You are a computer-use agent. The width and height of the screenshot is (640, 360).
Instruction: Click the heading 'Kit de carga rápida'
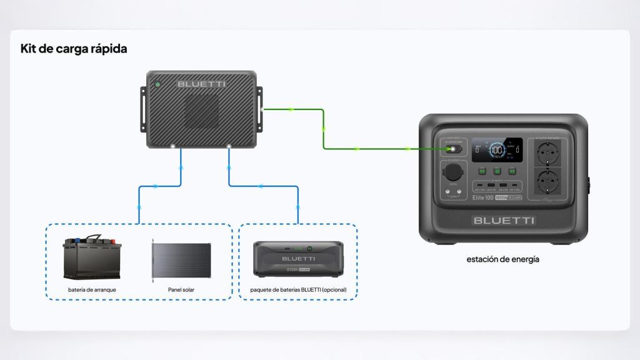[x=74, y=49]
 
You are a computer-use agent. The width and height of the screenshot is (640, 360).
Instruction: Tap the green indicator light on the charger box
[x=157, y=84]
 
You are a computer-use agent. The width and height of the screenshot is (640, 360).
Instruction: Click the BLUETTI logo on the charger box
[x=201, y=84]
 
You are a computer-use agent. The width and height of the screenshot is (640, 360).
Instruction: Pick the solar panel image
[x=182, y=261]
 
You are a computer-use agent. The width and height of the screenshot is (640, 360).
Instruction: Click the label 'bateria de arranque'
[x=92, y=290]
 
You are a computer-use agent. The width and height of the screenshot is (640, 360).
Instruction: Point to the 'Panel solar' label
[x=181, y=290]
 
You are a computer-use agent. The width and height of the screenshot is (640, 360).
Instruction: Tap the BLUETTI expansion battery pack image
[x=298, y=258]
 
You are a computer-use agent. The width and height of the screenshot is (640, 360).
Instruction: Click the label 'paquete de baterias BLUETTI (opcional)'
[x=298, y=290]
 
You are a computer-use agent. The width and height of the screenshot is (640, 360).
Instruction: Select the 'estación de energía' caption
[x=502, y=259]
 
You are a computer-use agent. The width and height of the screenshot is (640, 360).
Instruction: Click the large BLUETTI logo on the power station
[x=504, y=220]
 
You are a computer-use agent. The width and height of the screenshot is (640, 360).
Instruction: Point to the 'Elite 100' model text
[x=482, y=197]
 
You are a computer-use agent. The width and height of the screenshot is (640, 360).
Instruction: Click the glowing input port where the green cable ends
[x=449, y=150]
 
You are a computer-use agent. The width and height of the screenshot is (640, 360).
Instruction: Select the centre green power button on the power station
[x=497, y=171]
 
